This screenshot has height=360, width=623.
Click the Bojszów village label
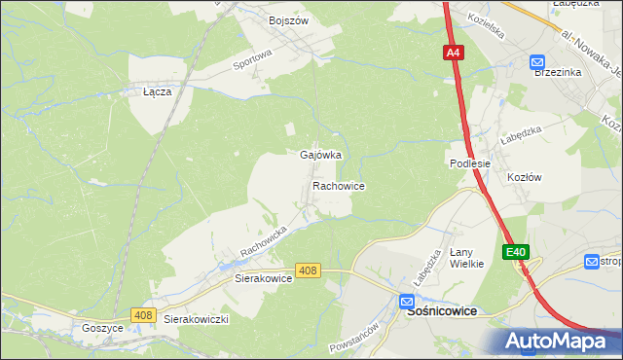click(x=287, y=19)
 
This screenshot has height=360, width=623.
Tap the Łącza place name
click(x=158, y=91)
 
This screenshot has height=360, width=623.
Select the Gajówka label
click(x=319, y=156)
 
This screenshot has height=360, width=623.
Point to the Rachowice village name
click(x=338, y=185)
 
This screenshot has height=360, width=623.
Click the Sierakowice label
click(x=264, y=277)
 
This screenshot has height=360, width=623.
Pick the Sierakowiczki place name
click(x=196, y=319)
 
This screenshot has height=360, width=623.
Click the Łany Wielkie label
click(x=466, y=258)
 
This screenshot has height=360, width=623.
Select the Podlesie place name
click(x=468, y=163)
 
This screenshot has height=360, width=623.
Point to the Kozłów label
click(x=524, y=177)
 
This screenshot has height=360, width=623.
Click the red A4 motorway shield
click(x=454, y=54)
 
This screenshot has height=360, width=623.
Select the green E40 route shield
click(x=516, y=252)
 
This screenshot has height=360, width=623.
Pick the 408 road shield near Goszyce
click(x=143, y=314)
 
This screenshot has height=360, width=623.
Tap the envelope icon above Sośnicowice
click(x=409, y=303)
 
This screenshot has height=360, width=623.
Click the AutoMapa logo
click(x=558, y=341)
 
